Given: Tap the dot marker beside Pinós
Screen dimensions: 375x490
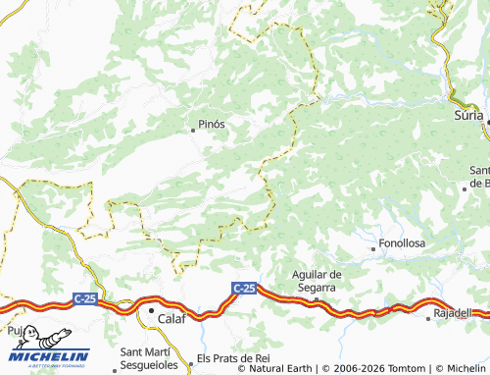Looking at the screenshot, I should pyautogui.click(x=193, y=128).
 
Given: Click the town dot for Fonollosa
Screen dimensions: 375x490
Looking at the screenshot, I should pyautogui.click(x=373, y=249).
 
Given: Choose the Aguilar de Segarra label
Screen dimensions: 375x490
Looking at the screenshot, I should pyautogui.click(x=316, y=280).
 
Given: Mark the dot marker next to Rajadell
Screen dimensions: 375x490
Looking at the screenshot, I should pyautogui.click(x=428, y=318).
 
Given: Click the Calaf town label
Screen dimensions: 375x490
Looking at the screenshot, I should pyautogui.click(x=171, y=318).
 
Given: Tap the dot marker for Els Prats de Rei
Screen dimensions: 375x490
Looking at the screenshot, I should pyautogui.click(x=192, y=359).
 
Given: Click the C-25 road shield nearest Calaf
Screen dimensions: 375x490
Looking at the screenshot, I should pyautogui.click(x=85, y=295).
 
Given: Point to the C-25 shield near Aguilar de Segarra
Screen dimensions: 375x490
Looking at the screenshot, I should pyautogui.click(x=244, y=288).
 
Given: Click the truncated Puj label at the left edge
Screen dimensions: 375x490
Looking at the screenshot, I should pyautogui.click(x=14, y=332).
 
